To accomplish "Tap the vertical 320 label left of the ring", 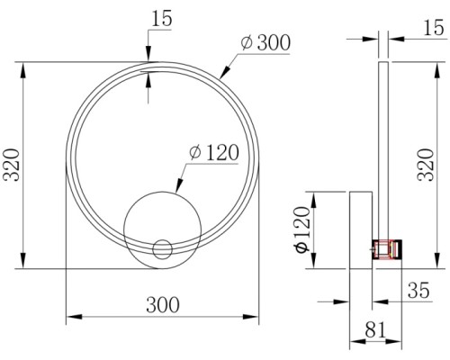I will pos(12,166).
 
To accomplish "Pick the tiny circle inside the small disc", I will pos(163,248).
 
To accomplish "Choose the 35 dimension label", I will pos(418,290).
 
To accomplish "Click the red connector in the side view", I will pos(389,247).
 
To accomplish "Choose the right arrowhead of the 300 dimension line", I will pos(257,316).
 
